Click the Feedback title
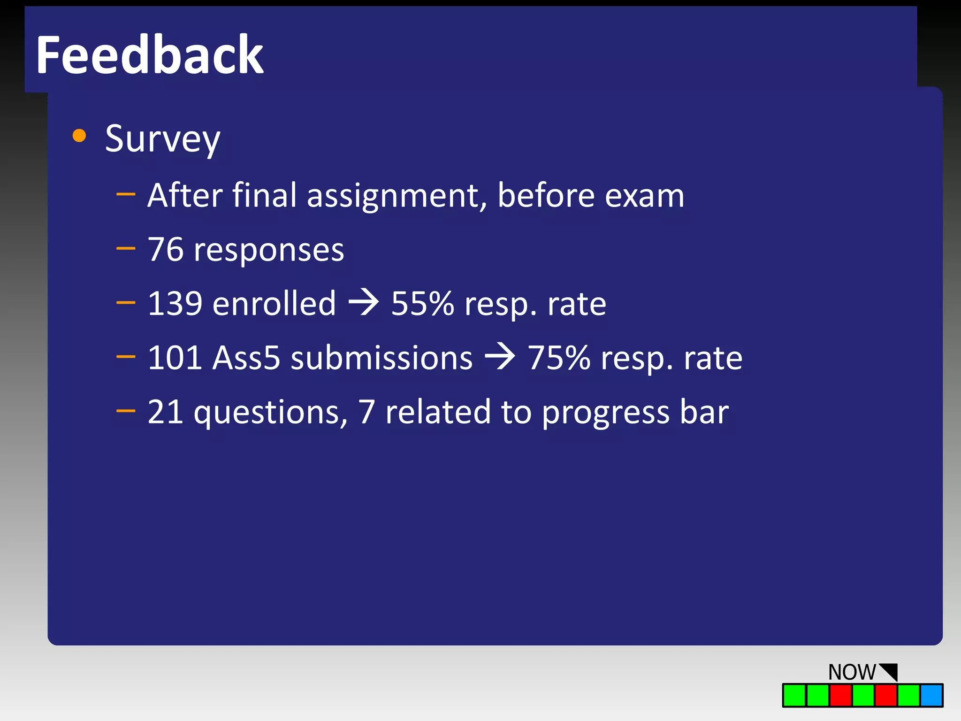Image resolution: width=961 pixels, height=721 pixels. click(149, 55)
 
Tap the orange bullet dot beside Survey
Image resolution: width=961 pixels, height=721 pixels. click(79, 136)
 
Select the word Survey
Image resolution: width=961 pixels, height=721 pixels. click(162, 139)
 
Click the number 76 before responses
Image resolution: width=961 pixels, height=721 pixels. click(165, 250)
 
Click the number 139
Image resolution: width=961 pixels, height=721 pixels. click(175, 304)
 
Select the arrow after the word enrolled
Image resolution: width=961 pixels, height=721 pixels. click(364, 303)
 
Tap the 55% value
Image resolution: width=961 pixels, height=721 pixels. click(422, 304)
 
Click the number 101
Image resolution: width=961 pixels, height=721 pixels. click(175, 358)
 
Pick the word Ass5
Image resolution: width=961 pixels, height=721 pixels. click(246, 358)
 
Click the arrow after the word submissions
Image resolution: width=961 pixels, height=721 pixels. click(500, 357)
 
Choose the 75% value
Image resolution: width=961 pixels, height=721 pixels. click(559, 358)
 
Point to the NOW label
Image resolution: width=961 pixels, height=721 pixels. click(852, 672)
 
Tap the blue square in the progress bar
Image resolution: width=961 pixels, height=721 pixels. click(931, 695)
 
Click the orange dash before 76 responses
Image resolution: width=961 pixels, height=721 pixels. click(126, 248)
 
